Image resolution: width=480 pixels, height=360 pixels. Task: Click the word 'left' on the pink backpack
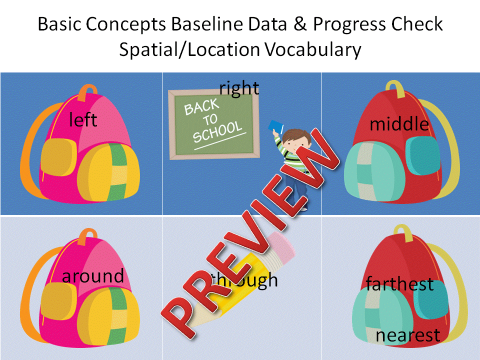(83, 120)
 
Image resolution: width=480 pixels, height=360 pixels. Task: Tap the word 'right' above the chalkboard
(239, 88)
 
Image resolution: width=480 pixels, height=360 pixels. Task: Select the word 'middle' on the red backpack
(399, 124)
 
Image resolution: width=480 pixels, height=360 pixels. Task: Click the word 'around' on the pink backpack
(93, 276)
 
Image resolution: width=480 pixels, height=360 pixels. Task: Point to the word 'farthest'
(399, 284)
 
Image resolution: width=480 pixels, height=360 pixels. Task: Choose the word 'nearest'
(408, 335)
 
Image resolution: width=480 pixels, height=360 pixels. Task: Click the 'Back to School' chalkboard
(213, 123)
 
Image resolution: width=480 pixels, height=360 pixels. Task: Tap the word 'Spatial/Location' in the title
(189, 50)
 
